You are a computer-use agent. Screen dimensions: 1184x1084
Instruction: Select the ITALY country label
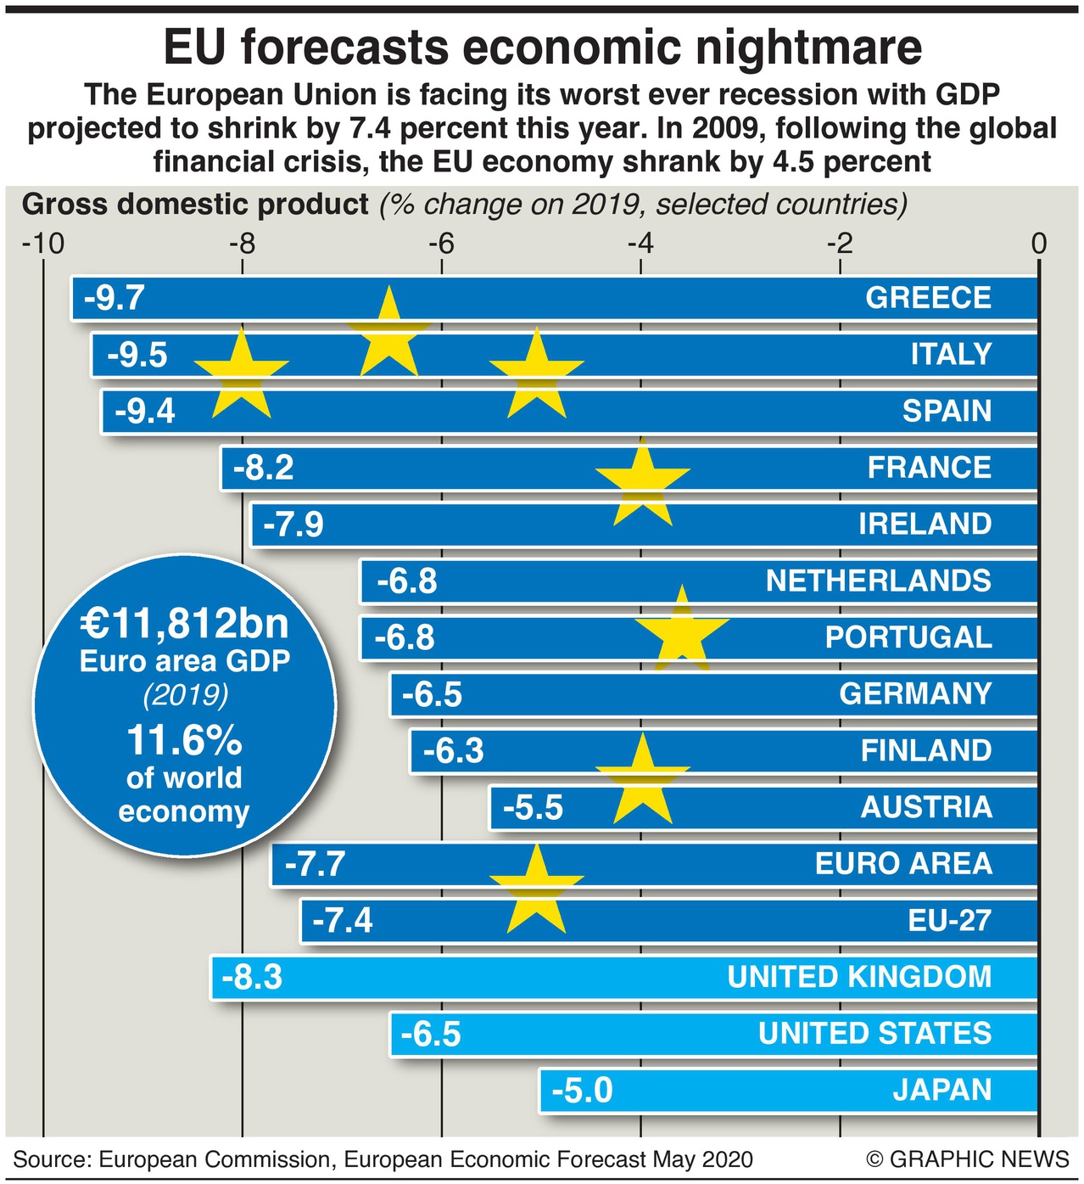point(951,354)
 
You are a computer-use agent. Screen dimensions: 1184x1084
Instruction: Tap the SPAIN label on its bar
point(947,411)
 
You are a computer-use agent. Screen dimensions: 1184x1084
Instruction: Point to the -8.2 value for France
point(264,468)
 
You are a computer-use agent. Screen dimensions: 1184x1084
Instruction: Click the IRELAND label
point(925,524)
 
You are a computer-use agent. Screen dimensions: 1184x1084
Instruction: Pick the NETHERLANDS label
point(878,581)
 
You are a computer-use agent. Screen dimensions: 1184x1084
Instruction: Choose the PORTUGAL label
point(908,637)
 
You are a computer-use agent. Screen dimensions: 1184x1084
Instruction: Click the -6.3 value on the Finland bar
point(453,751)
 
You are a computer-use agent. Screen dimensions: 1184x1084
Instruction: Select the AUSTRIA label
point(926,807)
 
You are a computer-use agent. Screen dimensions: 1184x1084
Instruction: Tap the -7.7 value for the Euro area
point(315,864)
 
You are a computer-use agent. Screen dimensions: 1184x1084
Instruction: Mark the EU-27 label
point(949,920)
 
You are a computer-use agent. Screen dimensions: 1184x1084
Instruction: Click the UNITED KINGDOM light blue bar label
point(859,977)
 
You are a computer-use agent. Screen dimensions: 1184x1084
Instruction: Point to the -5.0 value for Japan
point(582,1091)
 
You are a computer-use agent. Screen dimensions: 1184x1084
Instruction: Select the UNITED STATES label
point(874,1034)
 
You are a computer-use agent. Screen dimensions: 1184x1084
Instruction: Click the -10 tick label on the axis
point(43,244)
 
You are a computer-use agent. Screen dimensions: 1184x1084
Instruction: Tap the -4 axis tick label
point(640,244)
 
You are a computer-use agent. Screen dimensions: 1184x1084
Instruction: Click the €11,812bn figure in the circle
point(185,624)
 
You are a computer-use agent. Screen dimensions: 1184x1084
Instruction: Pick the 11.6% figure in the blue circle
point(184,741)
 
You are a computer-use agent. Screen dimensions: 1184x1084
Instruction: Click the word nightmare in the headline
point(802,48)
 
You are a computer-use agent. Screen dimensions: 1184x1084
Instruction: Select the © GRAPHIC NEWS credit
point(968,1159)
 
